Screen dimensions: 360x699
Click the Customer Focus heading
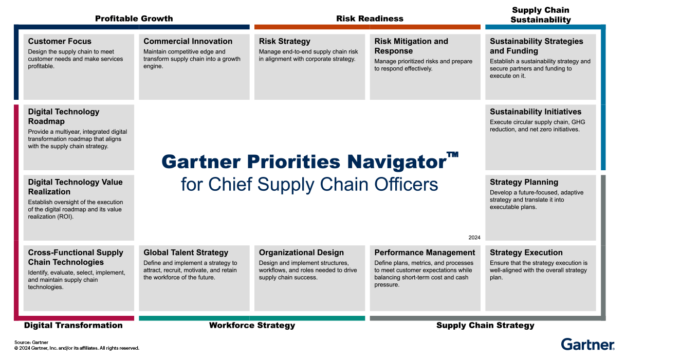tap(60, 41)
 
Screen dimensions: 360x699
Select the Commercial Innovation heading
tap(188, 41)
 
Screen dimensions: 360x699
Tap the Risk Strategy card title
tap(284, 41)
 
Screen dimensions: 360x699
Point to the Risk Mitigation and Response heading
tap(411, 46)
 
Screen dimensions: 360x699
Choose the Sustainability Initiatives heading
tap(536, 112)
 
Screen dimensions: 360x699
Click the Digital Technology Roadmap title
tap(63, 116)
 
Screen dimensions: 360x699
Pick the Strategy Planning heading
tap(524, 182)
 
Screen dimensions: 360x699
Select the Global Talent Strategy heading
tap(186, 253)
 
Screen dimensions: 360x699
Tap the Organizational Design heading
tap(301, 253)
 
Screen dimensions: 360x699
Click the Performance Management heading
tap(425, 253)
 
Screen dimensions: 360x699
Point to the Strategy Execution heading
tap(526, 253)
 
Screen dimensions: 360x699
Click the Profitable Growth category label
tap(134, 19)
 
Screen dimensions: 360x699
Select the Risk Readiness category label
tap(370, 19)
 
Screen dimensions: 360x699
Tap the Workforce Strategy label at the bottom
tap(252, 325)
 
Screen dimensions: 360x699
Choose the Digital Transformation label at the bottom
tap(73, 325)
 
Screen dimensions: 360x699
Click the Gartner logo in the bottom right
tap(587, 344)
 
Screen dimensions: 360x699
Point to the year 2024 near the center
tap(474, 238)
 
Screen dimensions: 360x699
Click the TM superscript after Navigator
tap(452, 154)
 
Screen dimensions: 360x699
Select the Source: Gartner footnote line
tap(31, 342)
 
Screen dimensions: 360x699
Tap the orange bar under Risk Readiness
tap(367, 27)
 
